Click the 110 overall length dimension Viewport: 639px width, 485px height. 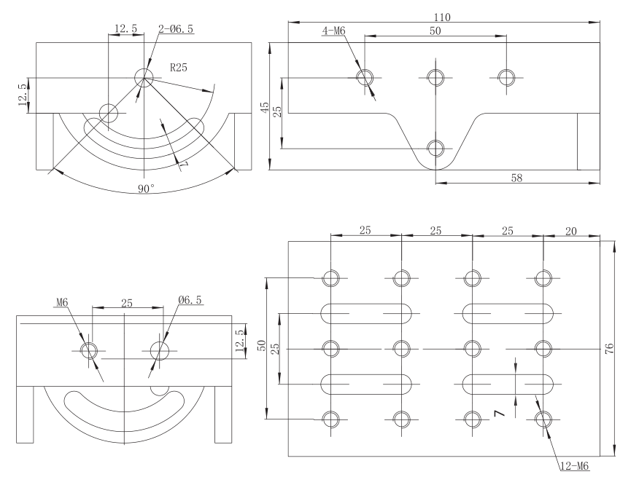point(442,16)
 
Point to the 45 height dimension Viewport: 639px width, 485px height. point(265,106)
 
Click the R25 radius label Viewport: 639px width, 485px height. point(179,68)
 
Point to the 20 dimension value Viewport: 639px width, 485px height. point(571,231)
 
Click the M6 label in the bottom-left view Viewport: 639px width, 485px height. point(61,302)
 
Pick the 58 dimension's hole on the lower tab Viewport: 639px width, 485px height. point(435,149)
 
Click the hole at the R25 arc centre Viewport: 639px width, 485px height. point(143,78)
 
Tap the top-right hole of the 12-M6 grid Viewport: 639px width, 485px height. point(543,277)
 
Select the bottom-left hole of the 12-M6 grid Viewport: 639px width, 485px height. point(330,419)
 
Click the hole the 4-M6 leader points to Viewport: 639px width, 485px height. point(365,77)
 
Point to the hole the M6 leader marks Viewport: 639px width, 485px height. point(90,350)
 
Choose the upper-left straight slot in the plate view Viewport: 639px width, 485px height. point(366,313)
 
